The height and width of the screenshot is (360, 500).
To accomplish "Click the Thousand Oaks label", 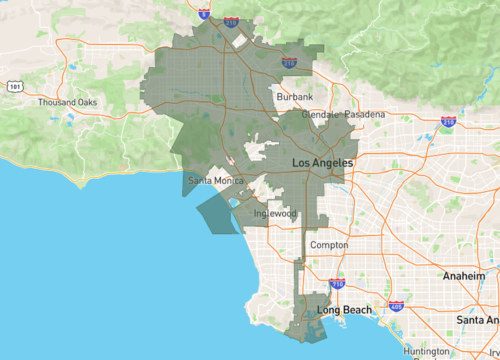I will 67,103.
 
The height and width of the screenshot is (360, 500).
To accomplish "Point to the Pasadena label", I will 365,115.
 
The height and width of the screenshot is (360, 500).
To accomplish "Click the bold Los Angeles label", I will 321,162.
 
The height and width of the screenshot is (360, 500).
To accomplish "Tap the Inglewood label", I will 274,213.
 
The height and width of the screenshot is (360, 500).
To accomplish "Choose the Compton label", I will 329,245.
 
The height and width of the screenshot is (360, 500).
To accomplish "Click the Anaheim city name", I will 466,275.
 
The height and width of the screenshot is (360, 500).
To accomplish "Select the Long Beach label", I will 344,310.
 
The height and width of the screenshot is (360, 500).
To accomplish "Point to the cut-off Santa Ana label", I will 478,319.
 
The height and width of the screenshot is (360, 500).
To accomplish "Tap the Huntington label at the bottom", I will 427,352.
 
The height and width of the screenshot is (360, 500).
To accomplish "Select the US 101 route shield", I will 14,87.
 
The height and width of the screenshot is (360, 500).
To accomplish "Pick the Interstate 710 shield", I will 336,284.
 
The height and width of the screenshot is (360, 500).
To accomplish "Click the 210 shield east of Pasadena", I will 448,121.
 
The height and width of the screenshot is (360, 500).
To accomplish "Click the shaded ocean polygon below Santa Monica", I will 218,213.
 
